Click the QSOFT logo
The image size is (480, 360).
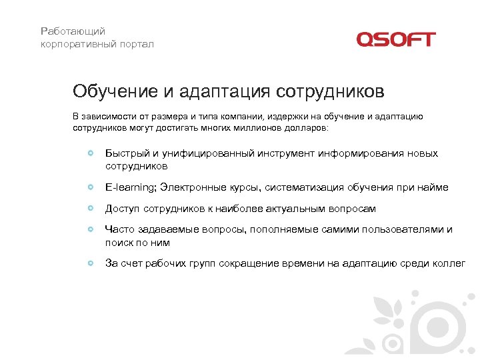coord(395,39)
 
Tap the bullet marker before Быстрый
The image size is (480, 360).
coord(91,153)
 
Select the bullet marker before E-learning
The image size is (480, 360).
coord(91,187)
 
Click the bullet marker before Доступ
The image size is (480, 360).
coord(91,209)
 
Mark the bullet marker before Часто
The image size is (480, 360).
coord(91,229)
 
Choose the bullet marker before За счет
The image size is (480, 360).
coord(91,263)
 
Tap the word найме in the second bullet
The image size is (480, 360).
coord(434,187)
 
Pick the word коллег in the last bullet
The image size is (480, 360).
coord(451,263)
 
